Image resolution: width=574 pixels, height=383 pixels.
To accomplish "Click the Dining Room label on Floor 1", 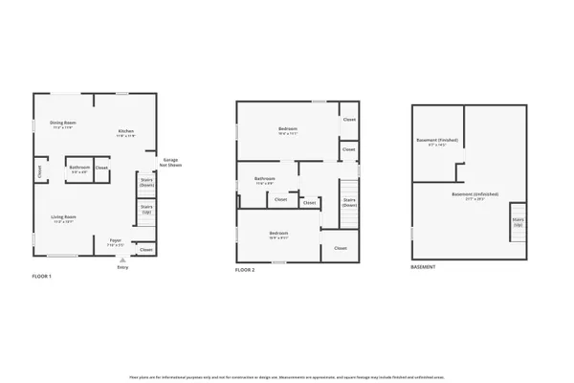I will coord(63,124).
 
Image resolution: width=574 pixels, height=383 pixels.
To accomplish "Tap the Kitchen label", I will coord(126,131).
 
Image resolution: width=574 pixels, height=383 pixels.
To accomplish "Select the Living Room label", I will coord(64,217).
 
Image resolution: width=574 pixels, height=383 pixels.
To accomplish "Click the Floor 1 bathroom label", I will coord(79,168).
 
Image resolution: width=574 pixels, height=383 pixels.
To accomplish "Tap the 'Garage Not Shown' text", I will coord(171,162).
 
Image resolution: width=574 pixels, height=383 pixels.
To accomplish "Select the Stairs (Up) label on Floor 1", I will coord(147,209).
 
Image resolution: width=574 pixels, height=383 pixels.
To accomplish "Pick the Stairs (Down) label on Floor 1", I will coord(147,181).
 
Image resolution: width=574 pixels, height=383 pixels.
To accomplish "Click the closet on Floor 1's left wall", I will coord(39,172).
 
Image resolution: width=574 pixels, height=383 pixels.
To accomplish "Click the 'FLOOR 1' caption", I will coord(42,276).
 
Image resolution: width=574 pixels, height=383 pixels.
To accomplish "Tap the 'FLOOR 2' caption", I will coord(245,270).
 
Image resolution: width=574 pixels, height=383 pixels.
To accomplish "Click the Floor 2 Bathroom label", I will coord(265,179).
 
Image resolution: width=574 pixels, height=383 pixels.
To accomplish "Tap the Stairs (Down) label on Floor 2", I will coord(349,201).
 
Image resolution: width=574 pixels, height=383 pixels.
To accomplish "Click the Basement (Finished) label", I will coord(437,141).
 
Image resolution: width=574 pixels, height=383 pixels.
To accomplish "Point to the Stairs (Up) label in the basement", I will coord(518,221).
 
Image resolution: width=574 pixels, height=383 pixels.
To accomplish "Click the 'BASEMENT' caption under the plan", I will coord(423,267).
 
